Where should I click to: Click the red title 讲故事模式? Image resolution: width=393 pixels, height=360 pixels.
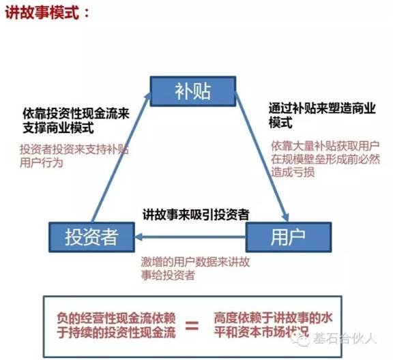pyautogui.click(x=42, y=12)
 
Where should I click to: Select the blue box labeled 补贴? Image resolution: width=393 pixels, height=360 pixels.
pyautogui.click(x=192, y=91)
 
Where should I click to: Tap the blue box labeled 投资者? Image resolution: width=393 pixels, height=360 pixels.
pyautogui.click(x=91, y=237)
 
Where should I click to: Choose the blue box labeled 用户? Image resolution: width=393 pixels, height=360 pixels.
pyautogui.click(x=289, y=237)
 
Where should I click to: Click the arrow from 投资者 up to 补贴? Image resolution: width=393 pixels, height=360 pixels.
pyautogui.click(x=121, y=157)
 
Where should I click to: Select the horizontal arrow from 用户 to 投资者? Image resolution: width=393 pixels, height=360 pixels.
pyautogui.click(x=190, y=237)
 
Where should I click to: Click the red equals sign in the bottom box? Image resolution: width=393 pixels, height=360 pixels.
pyautogui.click(x=192, y=327)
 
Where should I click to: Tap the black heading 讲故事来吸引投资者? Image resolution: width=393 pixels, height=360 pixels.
pyautogui.click(x=196, y=215)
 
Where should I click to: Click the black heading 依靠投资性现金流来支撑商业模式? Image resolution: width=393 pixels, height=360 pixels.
pyautogui.click(x=76, y=121)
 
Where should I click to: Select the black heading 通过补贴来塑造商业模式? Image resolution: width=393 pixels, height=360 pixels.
pyautogui.click(x=322, y=116)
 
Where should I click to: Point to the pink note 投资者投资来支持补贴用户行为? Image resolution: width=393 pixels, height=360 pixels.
pyautogui.click(x=74, y=156)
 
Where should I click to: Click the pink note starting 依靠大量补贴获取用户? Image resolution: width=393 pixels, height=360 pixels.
pyautogui.click(x=325, y=160)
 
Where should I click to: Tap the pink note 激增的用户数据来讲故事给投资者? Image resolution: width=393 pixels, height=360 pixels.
pyautogui.click(x=195, y=269)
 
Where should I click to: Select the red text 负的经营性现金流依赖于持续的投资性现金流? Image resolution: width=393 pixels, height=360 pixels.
pyautogui.click(x=116, y=326)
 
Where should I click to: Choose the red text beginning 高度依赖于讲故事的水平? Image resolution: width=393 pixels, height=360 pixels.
pyautogui.click(x=273, y=325)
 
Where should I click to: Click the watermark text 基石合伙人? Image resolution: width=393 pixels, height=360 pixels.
pyautogui.click(x=345, y=339)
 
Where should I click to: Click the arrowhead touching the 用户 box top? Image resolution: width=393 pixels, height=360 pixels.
pyautogui.click(x=286, y=217)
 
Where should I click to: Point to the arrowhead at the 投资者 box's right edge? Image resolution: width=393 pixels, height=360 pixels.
pyautogui.click(x=139, y=237)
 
